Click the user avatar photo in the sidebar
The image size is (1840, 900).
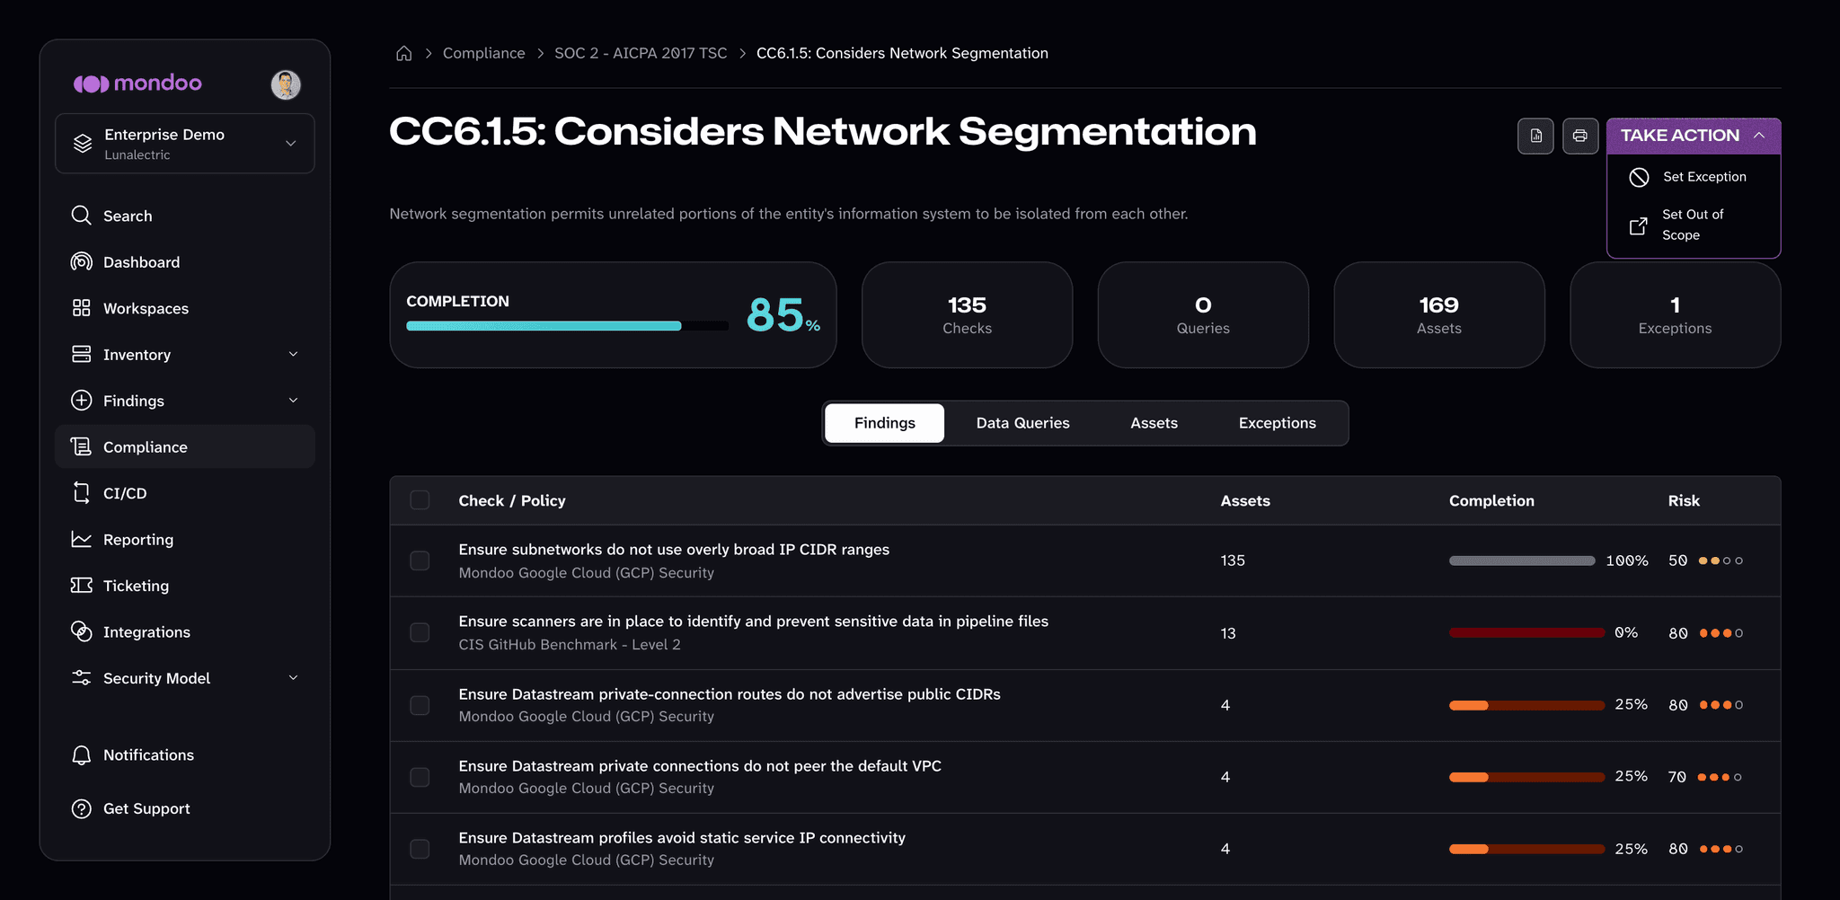tap(286, 84)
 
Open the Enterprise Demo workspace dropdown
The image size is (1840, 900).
tap(185, 144)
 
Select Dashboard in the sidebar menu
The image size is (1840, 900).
tap(141, 262)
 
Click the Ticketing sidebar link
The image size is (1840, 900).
tap(136, 586)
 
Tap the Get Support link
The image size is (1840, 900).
tap(146, 808)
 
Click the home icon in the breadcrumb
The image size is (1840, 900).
tap(404, 53)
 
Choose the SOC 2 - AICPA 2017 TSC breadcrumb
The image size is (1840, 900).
tap(641, 53)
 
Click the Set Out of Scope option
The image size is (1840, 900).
tap(1693, 225)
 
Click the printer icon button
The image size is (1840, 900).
tap(1580, 136)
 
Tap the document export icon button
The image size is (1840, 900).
tap(1536, 136)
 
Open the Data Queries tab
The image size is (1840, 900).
tap(1022, 423)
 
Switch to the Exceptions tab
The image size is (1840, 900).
tap(1277, 423)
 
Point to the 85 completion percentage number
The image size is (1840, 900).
tap(775, 314)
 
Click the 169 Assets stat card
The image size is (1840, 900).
tap(1439, 314)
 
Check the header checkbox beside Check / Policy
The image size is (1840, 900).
tap(420, 500)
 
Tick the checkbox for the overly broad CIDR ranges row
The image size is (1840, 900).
tap(420, 560)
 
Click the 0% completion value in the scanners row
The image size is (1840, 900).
tap(1626, 632)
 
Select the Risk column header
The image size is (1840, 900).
tap(1684, 500)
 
